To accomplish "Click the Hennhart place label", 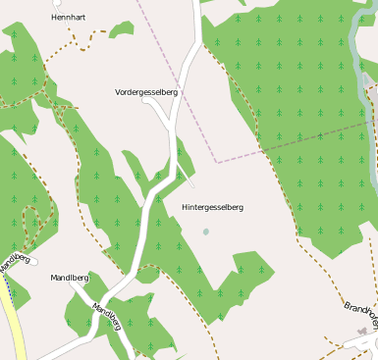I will tap(69, 18).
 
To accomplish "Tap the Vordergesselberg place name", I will tap(146, 91).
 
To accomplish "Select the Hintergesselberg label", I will tap(212, 207).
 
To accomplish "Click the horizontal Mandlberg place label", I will tap(70, 278).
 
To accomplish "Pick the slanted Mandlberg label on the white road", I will tap(105, 315).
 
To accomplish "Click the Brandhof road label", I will tap(361, 313).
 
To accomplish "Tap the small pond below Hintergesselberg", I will tap(205, 231).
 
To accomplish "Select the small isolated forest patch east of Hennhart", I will tap(121, 29).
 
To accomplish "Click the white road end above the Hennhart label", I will tap(70, 4).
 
